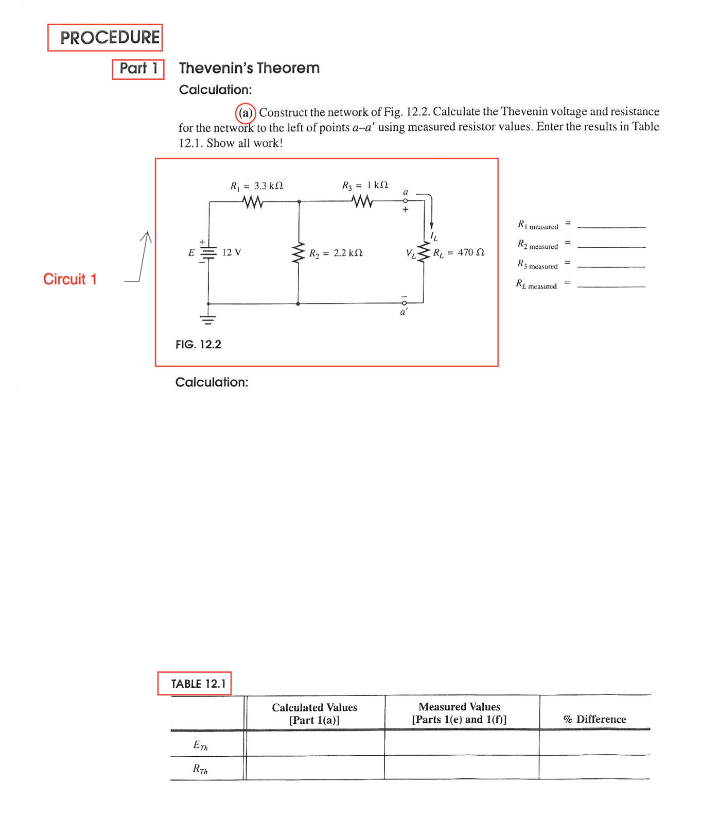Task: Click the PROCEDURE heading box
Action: [x=105, y=38]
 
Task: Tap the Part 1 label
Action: [x=138, y=69]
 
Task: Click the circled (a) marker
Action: [x=246, y=113]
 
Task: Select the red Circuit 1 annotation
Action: [x=70, y=279]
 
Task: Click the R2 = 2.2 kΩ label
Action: [x=336, y=253]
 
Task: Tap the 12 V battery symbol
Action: [x=208, y=252]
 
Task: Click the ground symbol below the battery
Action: [x=208, y=320]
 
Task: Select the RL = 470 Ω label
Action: [x=459, y=252]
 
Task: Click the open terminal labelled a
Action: [x=406, y=201]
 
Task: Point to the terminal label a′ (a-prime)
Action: [x=404, y=312]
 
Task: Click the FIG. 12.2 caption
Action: [x=198, y=345]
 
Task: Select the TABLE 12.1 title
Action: [x=198, y=684]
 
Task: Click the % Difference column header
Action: [x=594, y=719]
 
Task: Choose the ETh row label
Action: [x=201, y=745]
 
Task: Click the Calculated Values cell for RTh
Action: [x=315, y=768]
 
